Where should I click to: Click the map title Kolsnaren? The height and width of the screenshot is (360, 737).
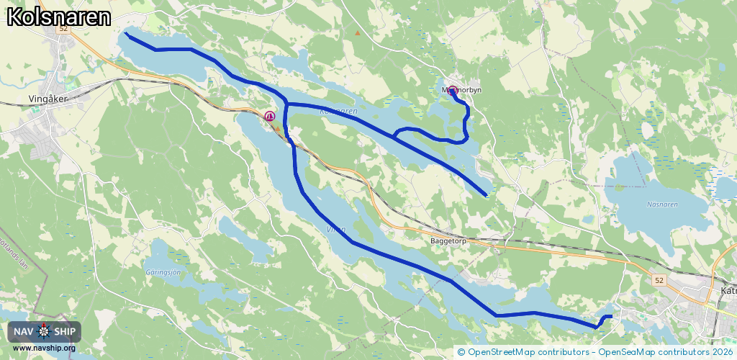pyautogui.click(x=59, y=18)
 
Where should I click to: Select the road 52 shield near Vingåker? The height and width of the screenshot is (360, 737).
pyautogui.click(x=63, y=29)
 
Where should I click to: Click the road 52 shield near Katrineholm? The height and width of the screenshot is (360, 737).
pyautogui.click(x=659, y=279)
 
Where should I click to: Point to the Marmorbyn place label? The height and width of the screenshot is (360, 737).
pyautogui.click(x=461, y=90)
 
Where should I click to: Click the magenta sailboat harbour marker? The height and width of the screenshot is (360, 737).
pyautogui.click(x=271, y=116)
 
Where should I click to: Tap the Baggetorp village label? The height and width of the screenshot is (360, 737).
pyautogui.click(x=448, y=241)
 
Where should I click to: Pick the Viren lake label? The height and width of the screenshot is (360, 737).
pyautogui.click(x=336, y=230)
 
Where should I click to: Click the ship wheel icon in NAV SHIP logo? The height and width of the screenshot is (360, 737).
pyautogui.click(x=45, y=331)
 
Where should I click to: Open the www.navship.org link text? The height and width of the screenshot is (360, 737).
pyautogui.click(x=44, y=348)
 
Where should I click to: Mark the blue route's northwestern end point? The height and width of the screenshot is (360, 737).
pyautogui.click(x=126, y=33)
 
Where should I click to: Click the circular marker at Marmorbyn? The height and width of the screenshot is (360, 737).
pyautogui.click(x=452, y=91)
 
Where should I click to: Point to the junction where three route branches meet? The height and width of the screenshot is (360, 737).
pyautogui.click(x=286, y=104)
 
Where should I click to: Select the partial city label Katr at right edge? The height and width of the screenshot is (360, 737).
pyautogui.click(x=728, y=292)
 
